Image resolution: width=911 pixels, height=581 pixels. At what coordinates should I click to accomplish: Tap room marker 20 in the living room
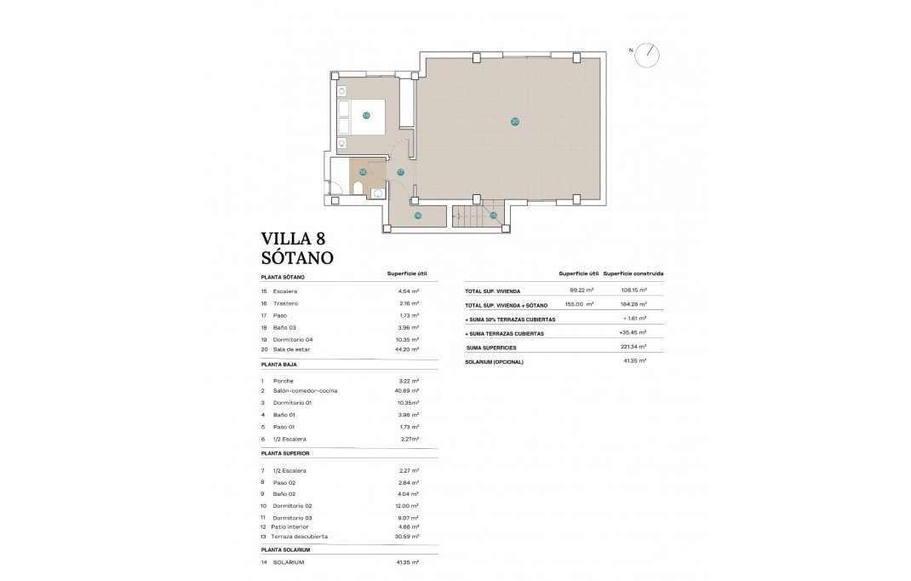[515, 122]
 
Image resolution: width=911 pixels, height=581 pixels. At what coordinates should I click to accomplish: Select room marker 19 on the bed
[366, 115]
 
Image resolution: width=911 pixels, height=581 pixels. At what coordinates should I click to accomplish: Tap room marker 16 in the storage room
[417, 216]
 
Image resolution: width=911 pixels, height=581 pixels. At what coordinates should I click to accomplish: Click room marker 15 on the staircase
[493, 215]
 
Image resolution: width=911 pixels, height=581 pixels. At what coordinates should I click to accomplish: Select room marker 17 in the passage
[400, 172]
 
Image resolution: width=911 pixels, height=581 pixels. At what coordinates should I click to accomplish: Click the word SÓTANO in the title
[297, 257]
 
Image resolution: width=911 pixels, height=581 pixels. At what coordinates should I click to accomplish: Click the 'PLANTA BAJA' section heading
[284, 364]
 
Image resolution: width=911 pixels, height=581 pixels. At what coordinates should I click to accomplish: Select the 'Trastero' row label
[285, 303]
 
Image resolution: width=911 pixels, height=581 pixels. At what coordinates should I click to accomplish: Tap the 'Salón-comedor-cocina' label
[305, 390]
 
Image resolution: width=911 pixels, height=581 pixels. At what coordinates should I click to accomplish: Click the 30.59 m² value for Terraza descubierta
[410, 537]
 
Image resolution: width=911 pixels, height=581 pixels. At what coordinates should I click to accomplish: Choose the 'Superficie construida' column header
[633, 274]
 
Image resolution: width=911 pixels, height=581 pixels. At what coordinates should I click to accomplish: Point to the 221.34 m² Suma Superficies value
[634, 348]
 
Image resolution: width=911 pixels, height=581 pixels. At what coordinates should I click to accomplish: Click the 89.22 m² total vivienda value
[581, 290]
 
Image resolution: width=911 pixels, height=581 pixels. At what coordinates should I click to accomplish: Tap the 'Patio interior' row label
[291, 527]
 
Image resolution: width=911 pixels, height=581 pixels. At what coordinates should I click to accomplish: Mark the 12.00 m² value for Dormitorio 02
[410, 506]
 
